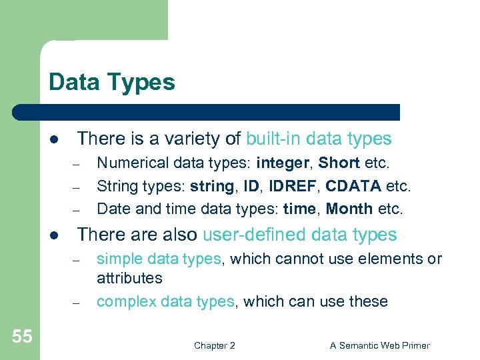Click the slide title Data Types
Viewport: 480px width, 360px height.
click(111, 83)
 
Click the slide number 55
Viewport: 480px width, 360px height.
click(21, 336)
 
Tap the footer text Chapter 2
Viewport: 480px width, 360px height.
click(214, 345)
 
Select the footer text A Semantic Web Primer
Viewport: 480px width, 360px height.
click(379, 345)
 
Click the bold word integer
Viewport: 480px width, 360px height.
click(284, 163)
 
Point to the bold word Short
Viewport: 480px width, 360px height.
click(339, 163)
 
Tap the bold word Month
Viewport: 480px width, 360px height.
click(349, 209)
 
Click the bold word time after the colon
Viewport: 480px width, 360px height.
click(299, 209)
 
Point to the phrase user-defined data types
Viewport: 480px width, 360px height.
click(299, 235)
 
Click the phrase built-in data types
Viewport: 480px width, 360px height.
click(319, 139)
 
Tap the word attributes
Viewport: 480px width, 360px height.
click(129, 278)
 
